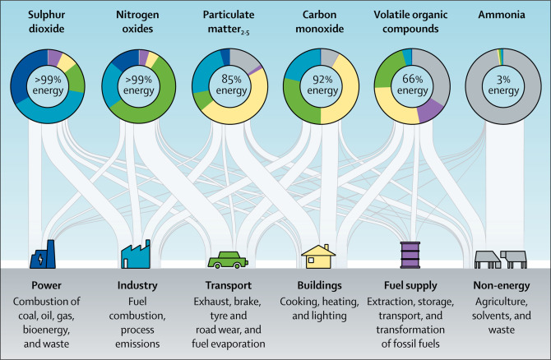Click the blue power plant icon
[43, 255]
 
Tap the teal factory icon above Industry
[136, 255]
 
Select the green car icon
[228, 260]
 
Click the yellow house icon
[318, 256]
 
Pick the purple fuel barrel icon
[410, 255]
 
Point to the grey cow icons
[501, 260]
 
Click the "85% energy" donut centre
[231, 85]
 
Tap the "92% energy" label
[322, 85]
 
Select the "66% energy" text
[413, 85]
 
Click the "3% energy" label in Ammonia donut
[503, 85]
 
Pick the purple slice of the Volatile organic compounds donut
[430, 111]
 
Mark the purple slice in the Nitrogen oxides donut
[144, 57]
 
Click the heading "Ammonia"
[502, 15]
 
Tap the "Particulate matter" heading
[229, 21]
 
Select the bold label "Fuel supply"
[410, 285]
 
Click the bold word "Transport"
[229, 285]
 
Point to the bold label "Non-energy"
[502, 285]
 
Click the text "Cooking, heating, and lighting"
[319, 308]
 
